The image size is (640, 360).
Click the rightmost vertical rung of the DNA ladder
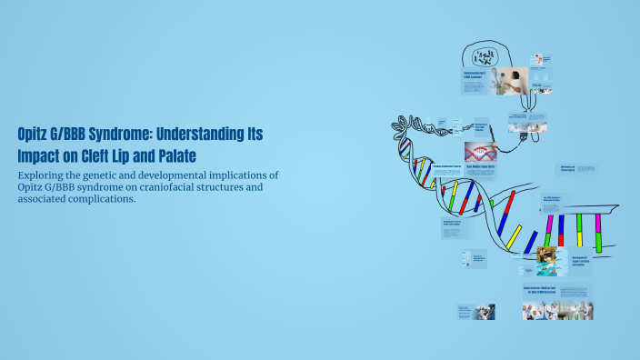[x=598, y=233]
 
